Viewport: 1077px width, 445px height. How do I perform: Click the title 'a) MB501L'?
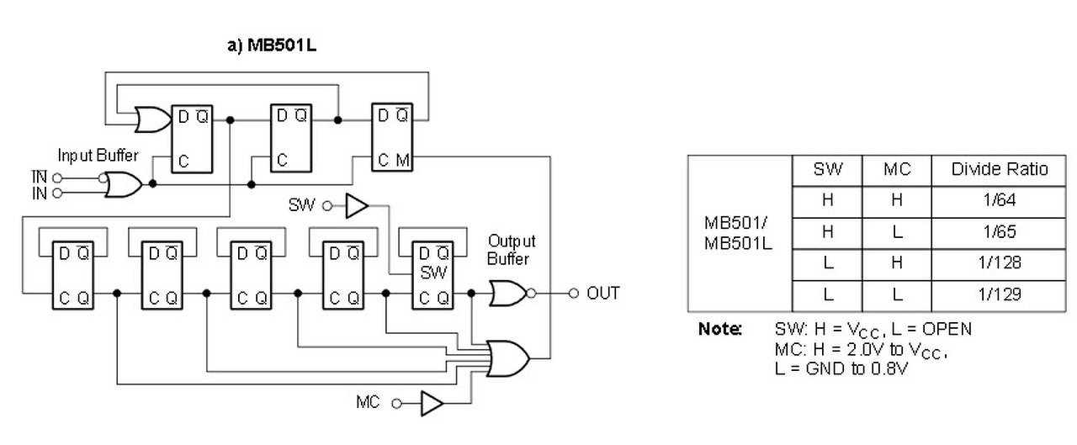(272, 45)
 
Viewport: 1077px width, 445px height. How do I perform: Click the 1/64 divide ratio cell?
(999, 201)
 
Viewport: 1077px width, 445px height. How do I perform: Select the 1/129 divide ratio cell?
(999, 295)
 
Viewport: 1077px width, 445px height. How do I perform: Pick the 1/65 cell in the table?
(999, 232)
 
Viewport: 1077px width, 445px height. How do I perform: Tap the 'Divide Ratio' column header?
(999, 170)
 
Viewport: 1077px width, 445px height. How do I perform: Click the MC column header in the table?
(897, 170)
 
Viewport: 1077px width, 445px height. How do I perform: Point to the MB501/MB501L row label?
(739, 233)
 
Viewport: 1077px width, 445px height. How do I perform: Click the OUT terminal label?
(603, 293)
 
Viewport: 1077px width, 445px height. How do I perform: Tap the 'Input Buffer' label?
(98, 156)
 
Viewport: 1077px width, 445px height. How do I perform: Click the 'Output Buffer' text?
(511, 250)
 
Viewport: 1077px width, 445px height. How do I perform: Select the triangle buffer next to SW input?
(357, 206)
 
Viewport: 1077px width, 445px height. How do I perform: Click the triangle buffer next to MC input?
(432, 403)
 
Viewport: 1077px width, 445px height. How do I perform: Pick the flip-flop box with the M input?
(392, 137)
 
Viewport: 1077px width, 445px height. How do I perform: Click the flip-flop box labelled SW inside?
(432, 275)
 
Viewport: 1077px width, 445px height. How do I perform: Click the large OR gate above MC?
(508, 358)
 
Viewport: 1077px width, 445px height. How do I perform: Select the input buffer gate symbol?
(123, 184)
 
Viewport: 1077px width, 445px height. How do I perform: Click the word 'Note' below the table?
(719, 329)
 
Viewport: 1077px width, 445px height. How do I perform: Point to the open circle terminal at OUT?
(573, 293)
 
